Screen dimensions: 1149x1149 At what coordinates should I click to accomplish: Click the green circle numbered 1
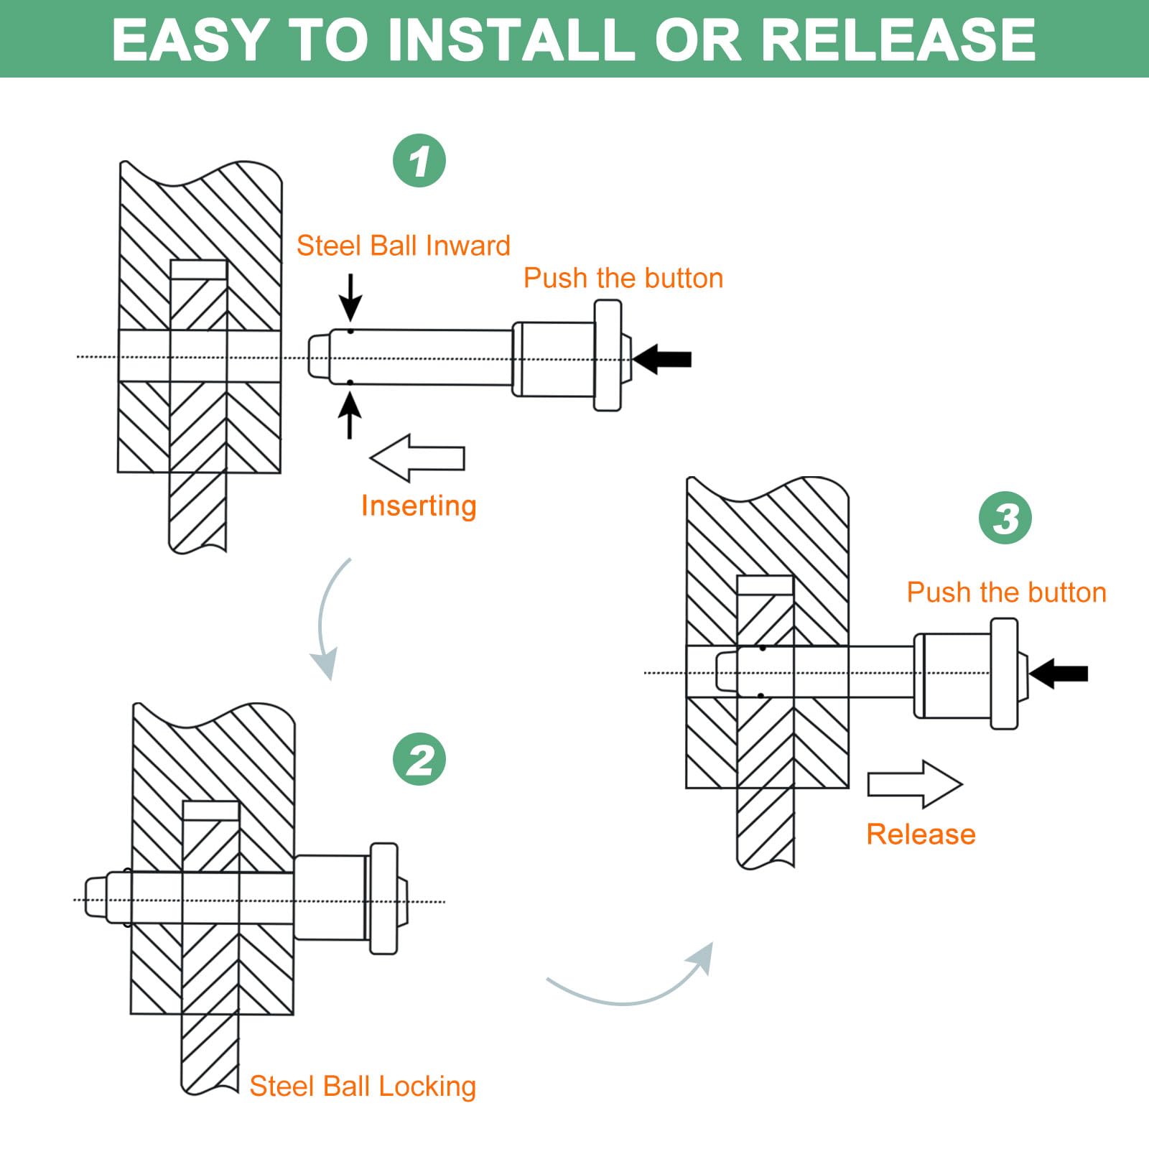pos(419,161)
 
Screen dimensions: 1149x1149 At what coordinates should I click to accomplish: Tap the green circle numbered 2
pos(419,759)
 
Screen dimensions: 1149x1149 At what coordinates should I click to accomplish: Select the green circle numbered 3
pos(1005,518)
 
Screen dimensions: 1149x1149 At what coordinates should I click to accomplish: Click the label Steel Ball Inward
pos(404,246)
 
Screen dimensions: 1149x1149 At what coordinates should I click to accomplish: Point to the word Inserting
pos(419,506)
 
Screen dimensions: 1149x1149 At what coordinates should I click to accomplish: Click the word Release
pos(921,834)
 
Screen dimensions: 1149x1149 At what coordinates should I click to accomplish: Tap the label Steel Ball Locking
pos(363,1087)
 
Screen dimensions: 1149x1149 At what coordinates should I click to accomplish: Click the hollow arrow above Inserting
pos(417,458)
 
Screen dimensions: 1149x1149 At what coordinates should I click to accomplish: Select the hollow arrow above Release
pos(915,784)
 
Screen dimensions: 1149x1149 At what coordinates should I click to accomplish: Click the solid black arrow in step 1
pos(662,359)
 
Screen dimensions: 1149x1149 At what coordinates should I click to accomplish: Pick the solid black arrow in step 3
pos(1059,674)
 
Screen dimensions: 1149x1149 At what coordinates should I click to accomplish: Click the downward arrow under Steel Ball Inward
pos(350,297)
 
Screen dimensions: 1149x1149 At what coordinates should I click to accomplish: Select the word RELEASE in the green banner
pos(898,39)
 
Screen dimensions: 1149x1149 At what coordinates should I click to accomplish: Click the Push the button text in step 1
pos(623,278)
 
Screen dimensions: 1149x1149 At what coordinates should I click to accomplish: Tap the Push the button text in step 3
pos(1007,592)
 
